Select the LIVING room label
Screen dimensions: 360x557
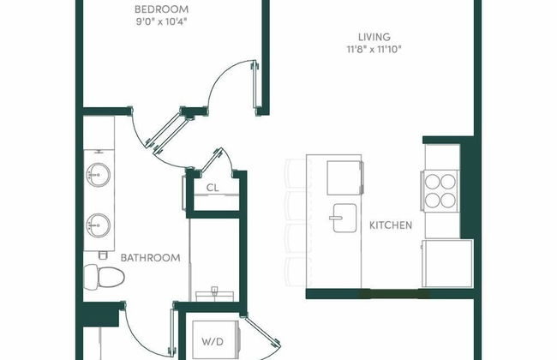point(374,37)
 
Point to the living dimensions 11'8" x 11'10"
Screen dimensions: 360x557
point(374,50)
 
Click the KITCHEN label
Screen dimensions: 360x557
point(391,225)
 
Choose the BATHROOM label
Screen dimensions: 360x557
point(150,257)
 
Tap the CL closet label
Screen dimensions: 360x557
point(212,188)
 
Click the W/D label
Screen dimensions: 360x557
point(213,341)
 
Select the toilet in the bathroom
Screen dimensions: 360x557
point(104,276)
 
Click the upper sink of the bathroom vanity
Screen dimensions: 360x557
point(97,176)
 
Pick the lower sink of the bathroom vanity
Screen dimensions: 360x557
point(97,227)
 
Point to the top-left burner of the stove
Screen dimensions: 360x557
point(432,181)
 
